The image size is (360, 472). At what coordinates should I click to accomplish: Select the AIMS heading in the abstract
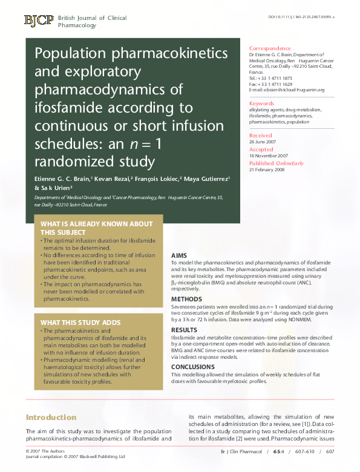coord(180,256)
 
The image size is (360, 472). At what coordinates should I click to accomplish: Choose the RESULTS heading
coord(184,330)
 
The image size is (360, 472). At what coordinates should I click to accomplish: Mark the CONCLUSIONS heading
coord(193,367)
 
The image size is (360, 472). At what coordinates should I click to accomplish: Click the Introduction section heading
coord(51,418)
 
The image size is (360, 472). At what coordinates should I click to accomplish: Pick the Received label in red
coord(261,136)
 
